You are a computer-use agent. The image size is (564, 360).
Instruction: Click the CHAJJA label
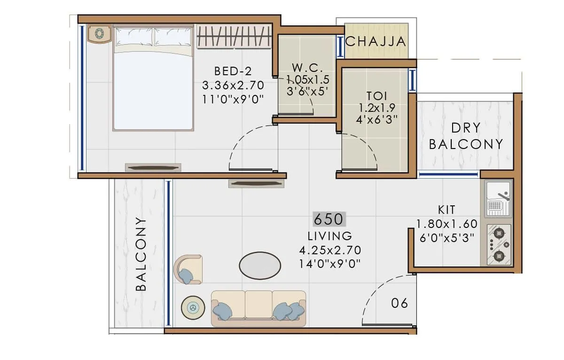pyautogui.click(x=376, y=41)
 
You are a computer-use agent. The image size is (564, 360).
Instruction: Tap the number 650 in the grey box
pyautogui.click(x=329, y=219)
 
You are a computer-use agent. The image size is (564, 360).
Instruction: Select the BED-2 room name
pyautogui.click(x=233, y=71)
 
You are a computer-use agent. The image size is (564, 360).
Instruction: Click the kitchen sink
pyautogui.click(x=498, y=198)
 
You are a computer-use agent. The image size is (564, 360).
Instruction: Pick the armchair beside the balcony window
pyautogui.click(x=188, y=269)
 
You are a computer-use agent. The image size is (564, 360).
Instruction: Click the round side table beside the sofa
pyautogui.click(x=192, y=307)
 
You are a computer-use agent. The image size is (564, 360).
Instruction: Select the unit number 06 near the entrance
pyautogui.click(x=399, y=303)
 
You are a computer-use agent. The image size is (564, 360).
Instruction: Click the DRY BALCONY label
pyautogui.click(x=466, y=136)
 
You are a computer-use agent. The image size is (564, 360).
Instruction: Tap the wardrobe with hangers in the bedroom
pyautogui.click(x=234, y=37)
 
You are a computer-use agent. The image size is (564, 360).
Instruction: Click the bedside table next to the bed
pyautogui.click(x=100, y=34)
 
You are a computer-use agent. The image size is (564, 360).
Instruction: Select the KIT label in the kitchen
pyautogui.click(x=446, y=210)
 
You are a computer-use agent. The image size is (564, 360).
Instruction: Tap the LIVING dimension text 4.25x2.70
pyautogui.click(x=330, y=250)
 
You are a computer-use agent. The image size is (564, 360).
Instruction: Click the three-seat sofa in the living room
pyautogui.click(x=258, y=308)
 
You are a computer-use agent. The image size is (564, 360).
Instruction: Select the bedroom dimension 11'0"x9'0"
pyautogui.click(x=233, y=99)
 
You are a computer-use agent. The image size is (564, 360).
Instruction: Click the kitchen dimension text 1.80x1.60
pyautogui.click(x=446, y=224)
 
